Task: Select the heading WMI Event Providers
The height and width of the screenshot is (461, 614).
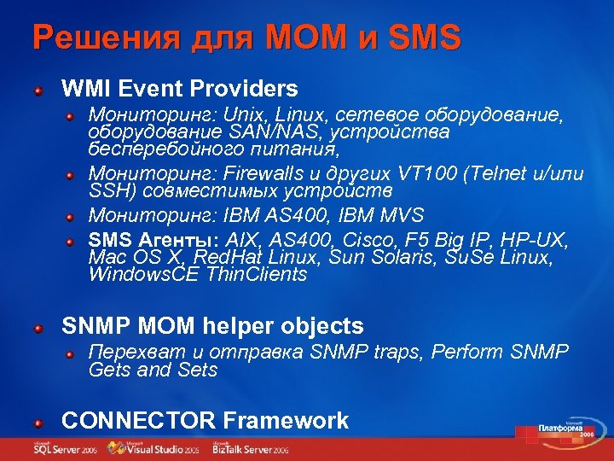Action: (x=180, y=88)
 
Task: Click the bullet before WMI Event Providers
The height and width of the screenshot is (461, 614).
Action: (x=38, y=89)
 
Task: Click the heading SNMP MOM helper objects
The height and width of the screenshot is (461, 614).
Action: (x=212, y=326)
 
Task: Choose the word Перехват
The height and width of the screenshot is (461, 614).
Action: (x=133, y=352)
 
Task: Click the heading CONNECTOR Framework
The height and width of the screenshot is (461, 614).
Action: (x=206, y=420)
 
